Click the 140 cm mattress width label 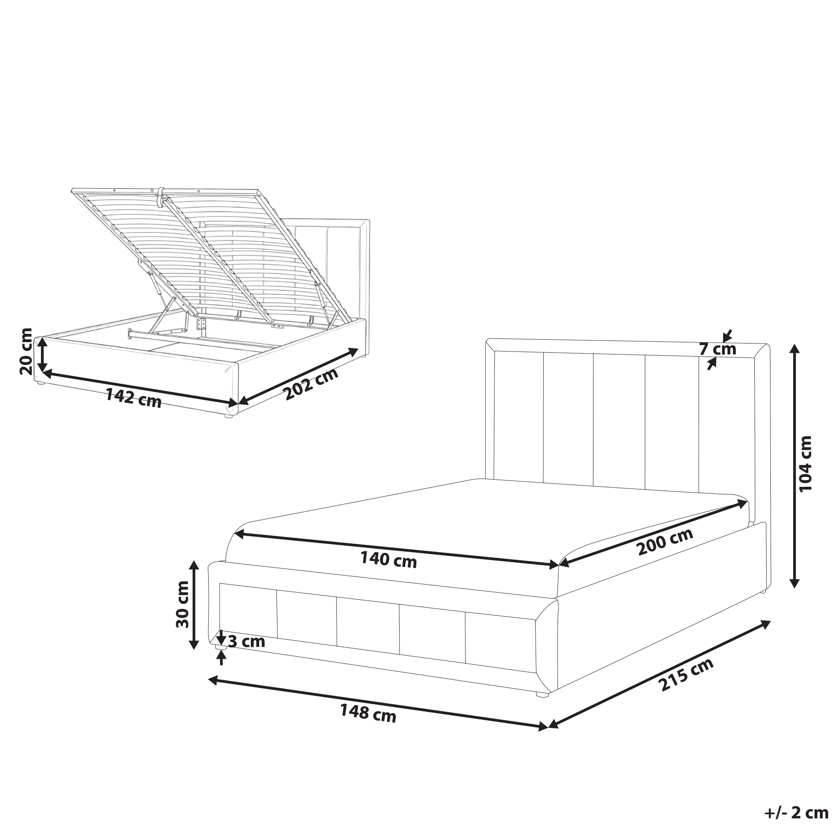click(x=388, y=560)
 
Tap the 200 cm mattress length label click(x=665, y=542)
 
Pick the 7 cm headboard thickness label click(x=718, y=349)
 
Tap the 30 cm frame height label click(x=182, y=604)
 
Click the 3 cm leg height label click(x=246, y=641)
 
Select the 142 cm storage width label click(x=134, y=398)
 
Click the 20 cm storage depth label click(x=26, y=352)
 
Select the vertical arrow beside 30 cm click(x=194, y=605)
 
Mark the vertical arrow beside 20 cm click(x=42, y=355)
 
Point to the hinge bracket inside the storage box click(x=201, y=325)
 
